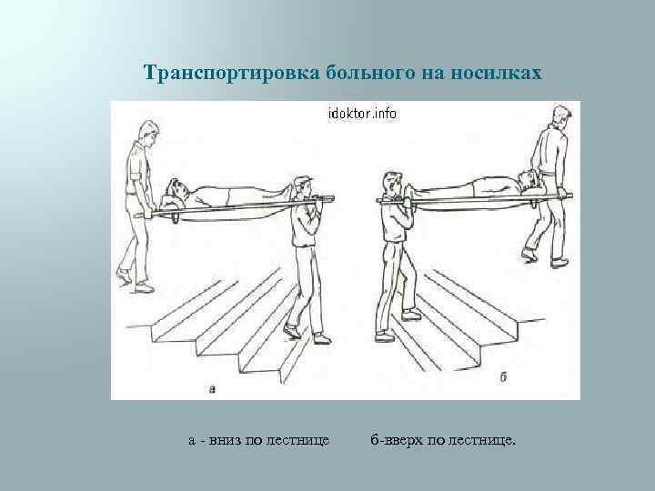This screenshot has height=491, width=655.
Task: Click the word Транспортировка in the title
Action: point(232,74)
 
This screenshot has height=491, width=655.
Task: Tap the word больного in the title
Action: point(370,73)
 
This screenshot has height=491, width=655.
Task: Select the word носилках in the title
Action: point(496,73)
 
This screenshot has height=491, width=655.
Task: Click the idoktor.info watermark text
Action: point(362,113)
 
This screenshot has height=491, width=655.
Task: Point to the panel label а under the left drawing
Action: point(212,389)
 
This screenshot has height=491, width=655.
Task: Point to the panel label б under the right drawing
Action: point(504,376)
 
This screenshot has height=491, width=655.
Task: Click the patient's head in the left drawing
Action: point(175,191)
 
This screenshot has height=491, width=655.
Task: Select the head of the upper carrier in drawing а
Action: point(148,132)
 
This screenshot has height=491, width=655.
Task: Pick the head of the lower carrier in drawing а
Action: point(303,185)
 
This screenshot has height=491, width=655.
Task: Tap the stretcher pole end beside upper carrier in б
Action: point(569,195)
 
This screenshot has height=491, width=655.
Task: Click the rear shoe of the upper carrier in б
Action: point(529,256)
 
